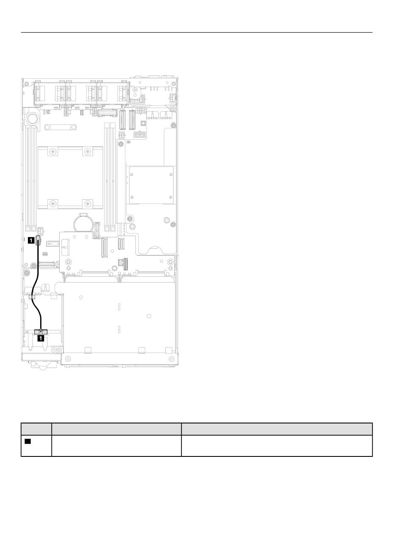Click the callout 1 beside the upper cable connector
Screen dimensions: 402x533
[31, 240]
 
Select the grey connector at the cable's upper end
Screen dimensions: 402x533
[38, 240]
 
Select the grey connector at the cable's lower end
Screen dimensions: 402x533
[41, 332]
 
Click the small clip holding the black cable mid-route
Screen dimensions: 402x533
[32, 297]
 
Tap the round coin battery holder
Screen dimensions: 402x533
[83, 222]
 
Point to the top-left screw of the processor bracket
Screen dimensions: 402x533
[52, 152]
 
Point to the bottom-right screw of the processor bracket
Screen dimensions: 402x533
[88, 203]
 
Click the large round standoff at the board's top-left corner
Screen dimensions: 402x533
[33, 118]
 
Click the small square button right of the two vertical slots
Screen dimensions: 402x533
[143, 123]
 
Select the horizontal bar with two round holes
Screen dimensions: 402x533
[60, 127]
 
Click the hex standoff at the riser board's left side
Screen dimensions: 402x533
[68, 261]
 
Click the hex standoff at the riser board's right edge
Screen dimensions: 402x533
[171, 261]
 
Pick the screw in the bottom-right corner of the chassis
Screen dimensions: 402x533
[172, 359]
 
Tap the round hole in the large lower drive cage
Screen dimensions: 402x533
[149, 316]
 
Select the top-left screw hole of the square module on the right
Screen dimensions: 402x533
[132, 175]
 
